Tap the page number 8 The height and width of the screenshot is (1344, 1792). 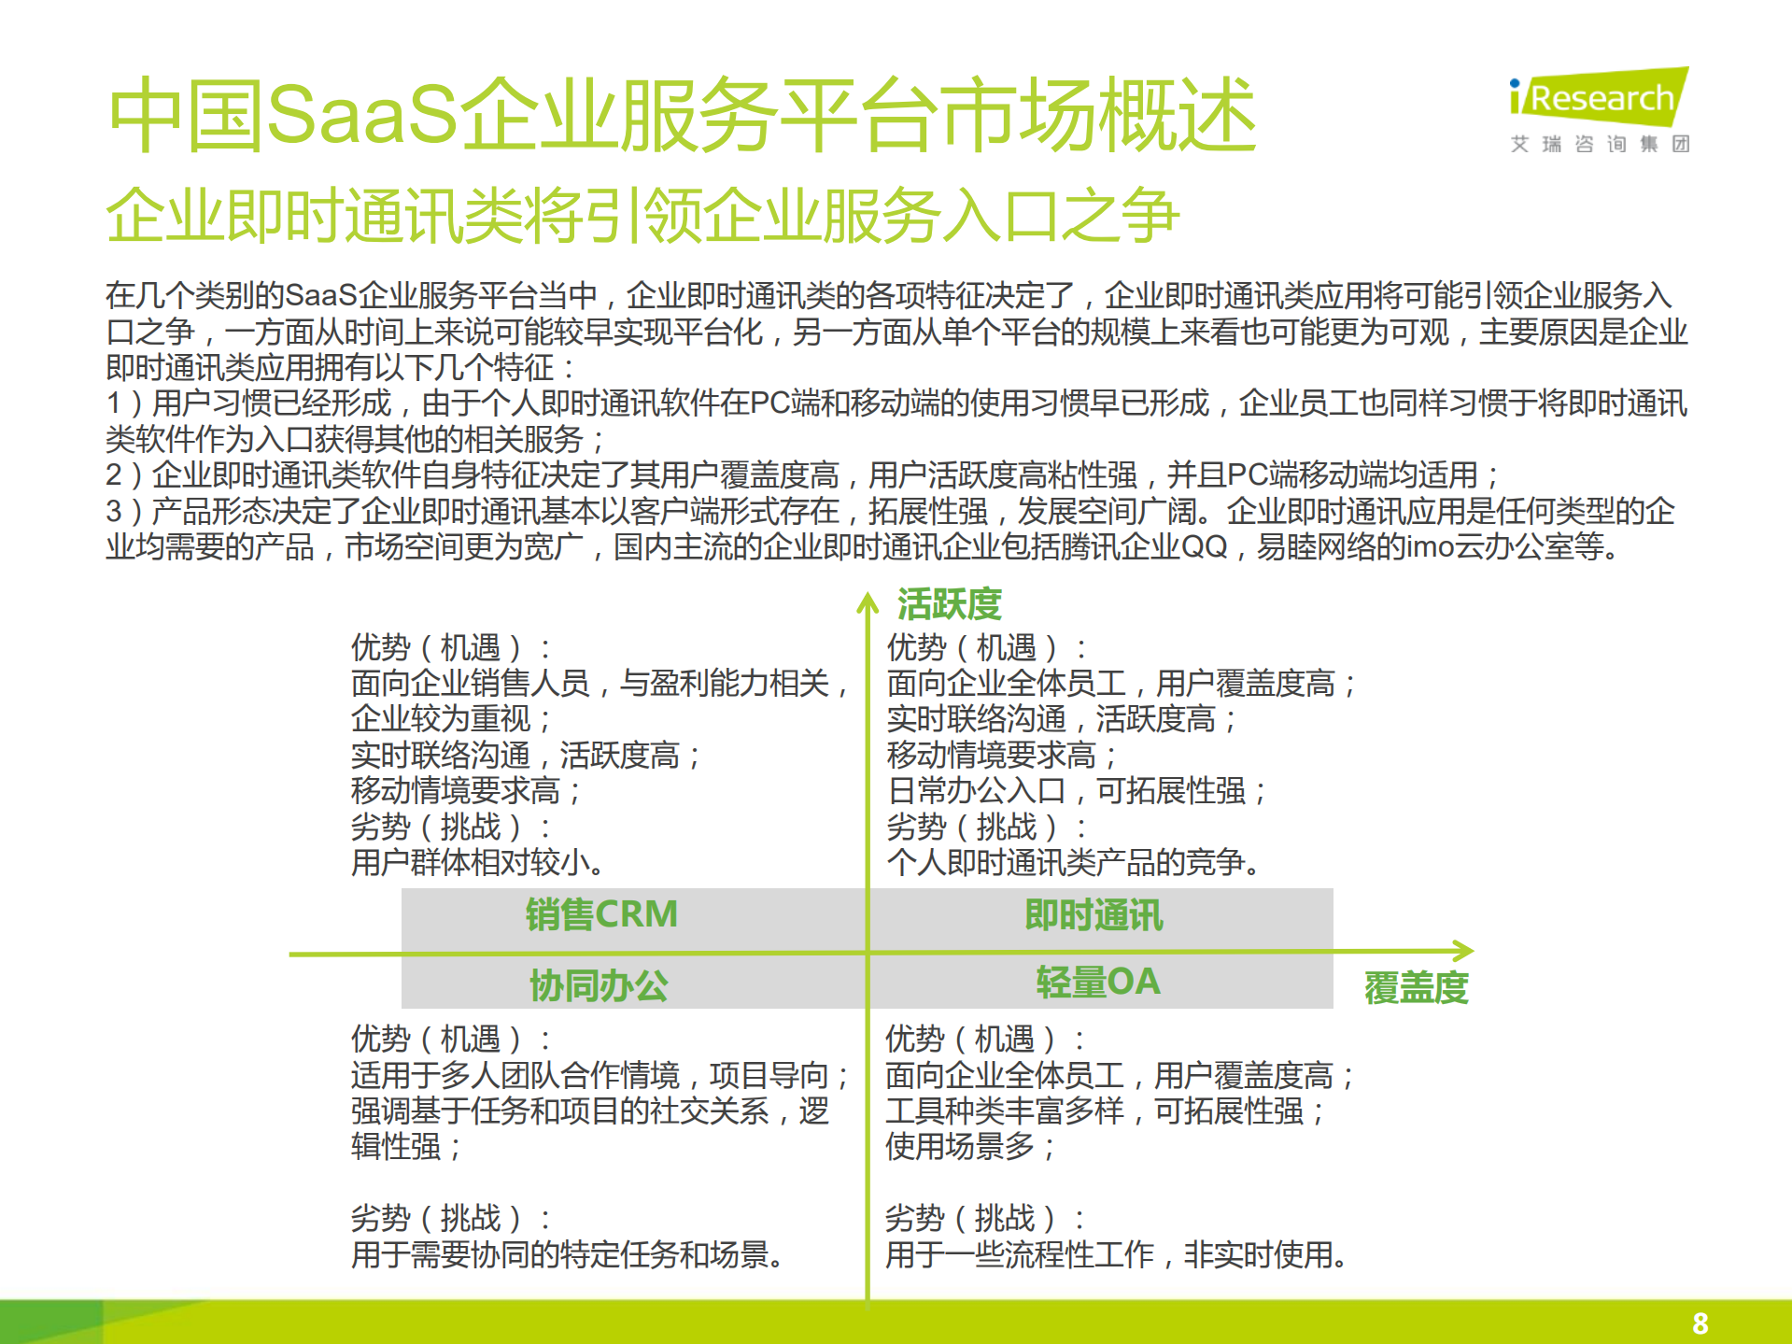pos(1700,1323)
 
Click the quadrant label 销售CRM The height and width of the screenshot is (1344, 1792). pos(601,914)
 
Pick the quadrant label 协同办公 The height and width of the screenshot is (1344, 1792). pos(599,985)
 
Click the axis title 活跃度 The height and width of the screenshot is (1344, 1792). pos(949,604)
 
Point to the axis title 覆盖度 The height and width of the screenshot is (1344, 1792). pos(1416,987)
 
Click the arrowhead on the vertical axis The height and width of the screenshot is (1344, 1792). pos(868,602)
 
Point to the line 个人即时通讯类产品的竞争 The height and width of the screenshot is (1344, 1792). pos(1073,862)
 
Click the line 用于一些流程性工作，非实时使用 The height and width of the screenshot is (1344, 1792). pos(1116,1254)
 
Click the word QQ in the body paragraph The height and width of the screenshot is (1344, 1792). pos(1204,546)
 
